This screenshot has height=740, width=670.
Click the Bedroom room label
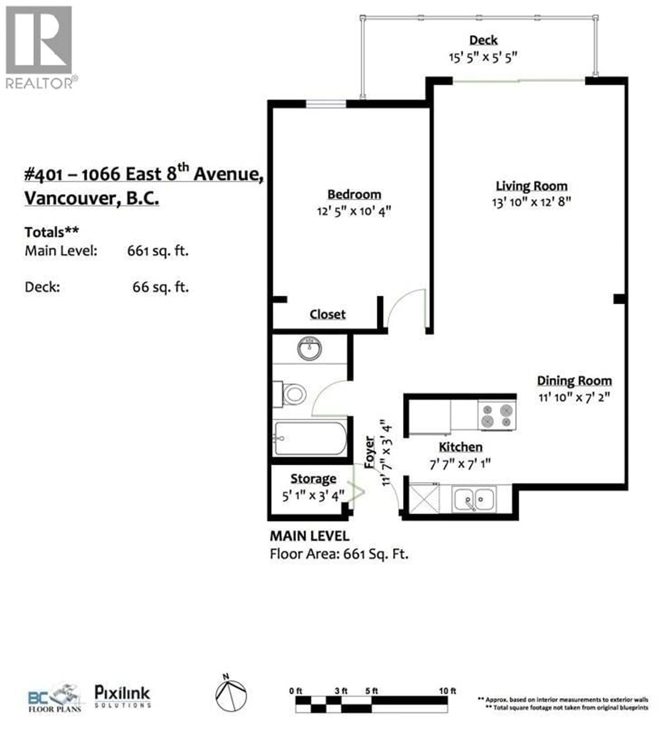[x=354, y=194]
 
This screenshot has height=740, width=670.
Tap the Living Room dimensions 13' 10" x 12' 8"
[x=531, y=202]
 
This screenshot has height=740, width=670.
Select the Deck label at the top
[x=483, y=40]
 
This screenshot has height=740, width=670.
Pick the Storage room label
[x=313, y=479]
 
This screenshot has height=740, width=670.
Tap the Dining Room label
[x=574, y=381]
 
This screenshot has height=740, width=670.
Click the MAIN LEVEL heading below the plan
[x=309, y=536]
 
